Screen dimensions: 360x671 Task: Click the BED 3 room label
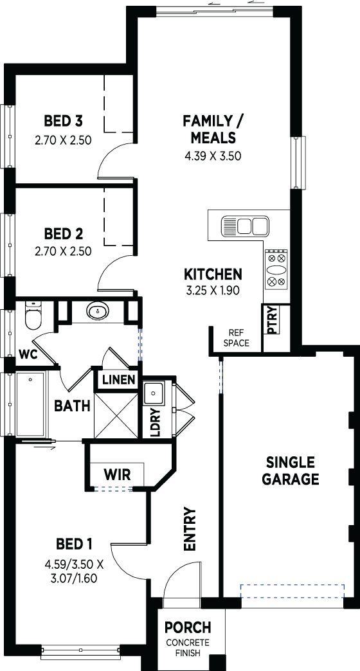[64, 121]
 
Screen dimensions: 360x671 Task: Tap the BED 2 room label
[64, 234]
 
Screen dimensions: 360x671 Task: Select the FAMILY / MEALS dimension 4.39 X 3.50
[213, 156]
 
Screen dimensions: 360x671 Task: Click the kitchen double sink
[245, 226]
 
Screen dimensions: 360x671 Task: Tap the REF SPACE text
[236, 337]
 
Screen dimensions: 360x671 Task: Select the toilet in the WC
[33, 316]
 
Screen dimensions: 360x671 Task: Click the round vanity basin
[98, 311]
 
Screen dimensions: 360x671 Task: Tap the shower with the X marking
[116, 415]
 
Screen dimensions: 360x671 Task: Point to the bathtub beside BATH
[30, 404]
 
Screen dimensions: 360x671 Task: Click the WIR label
[117, 474]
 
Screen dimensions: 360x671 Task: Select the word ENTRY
[189, 529]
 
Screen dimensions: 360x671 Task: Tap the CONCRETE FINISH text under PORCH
[188, 648]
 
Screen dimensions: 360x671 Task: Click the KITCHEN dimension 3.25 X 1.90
[212, 291]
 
